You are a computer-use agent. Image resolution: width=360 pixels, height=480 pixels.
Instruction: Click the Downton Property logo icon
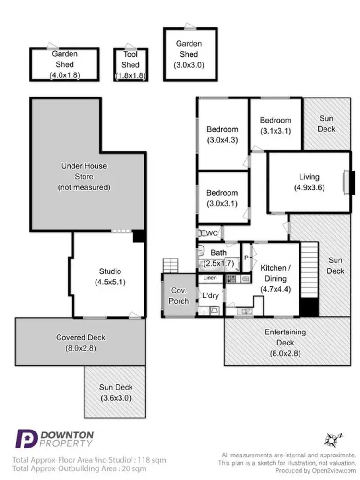tap(26, 439)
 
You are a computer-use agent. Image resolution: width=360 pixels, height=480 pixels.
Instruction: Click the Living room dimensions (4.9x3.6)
tap(309, 187)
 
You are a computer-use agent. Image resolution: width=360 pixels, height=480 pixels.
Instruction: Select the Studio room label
tap(110, 271)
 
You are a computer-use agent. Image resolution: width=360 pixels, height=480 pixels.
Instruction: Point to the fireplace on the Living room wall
tap(348, 182)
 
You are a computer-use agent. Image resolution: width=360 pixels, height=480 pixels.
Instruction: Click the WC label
tap(211, 233)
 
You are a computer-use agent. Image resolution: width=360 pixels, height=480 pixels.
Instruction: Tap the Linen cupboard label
tap(210, 278)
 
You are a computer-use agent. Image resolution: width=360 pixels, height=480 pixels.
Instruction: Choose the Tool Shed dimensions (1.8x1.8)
tap(131, 75)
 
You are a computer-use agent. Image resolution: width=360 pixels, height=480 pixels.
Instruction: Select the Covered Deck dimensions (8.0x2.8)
tap(81, 348)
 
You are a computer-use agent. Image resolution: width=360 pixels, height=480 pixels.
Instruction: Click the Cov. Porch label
tap(179, 295)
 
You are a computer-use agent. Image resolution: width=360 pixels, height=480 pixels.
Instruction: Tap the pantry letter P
tap(246, 258)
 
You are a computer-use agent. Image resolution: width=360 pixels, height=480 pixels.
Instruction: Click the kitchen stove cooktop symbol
tap(230, 279)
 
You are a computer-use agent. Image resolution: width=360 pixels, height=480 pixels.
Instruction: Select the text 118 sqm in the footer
tap(152, 460)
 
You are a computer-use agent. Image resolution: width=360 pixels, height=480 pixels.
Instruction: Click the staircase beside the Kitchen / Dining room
tap(310, 279)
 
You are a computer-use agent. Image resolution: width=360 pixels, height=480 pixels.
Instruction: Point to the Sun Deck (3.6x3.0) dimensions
tap(116, 398)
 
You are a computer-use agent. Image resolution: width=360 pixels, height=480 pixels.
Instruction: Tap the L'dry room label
tap(210, 295)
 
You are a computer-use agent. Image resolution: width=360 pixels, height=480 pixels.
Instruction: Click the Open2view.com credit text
tap(334, 470)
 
